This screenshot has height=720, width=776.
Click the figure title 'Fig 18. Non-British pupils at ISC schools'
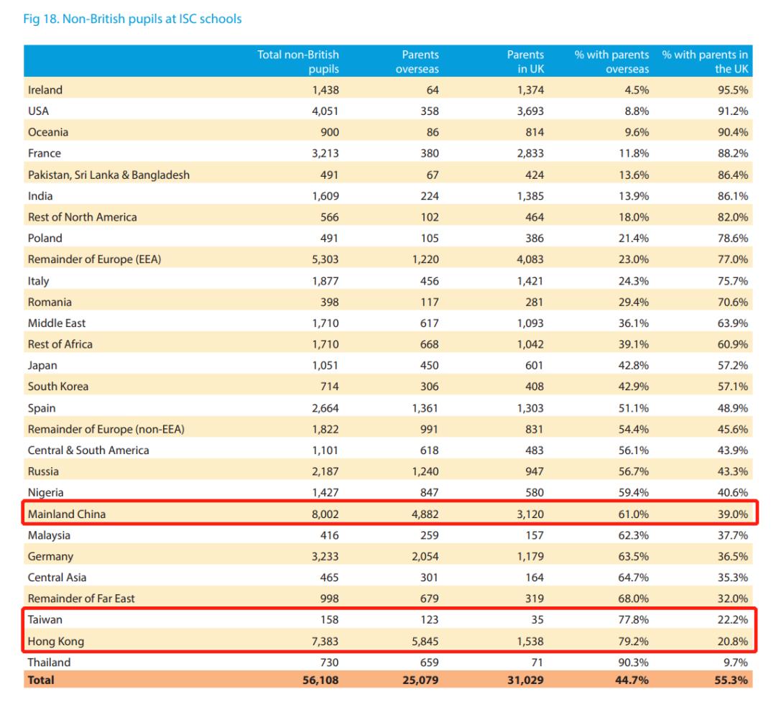pos(134,19)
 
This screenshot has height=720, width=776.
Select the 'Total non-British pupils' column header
pos(298,62)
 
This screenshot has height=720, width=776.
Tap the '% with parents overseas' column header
pos(611,62)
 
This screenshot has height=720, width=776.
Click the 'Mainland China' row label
pos(67,514)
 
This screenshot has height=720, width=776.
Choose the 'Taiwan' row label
pos(45,619)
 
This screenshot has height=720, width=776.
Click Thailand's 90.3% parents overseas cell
pos(633,662)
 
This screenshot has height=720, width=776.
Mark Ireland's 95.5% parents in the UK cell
pos(732,90)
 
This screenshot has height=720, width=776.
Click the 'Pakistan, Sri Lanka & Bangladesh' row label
pos(108,175)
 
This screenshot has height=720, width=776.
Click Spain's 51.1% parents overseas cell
pos(633,408)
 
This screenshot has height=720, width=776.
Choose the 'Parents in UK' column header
pos(525,62)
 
